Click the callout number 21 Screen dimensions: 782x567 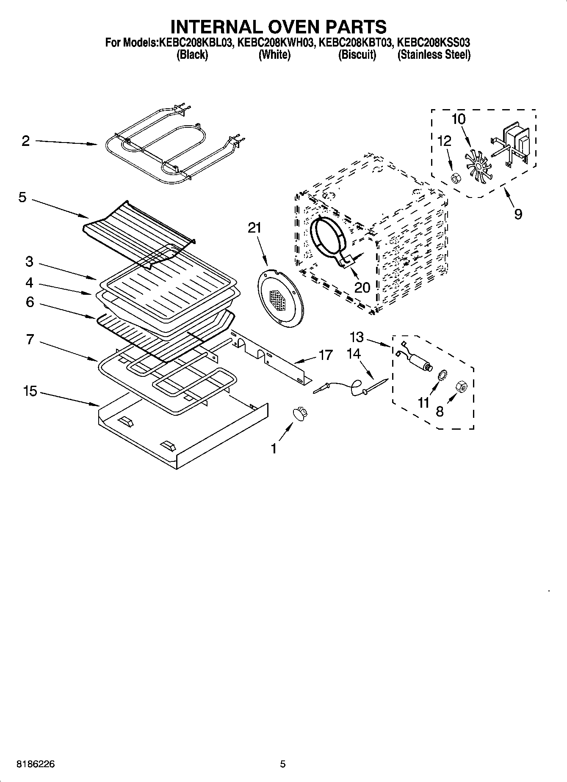(254, 228)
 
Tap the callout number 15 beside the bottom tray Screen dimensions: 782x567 (30, 391)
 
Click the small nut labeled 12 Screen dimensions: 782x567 (455, 178)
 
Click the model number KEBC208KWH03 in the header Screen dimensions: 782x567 (275, 42)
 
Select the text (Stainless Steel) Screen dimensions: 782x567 (434, 55)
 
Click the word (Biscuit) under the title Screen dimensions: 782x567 (357, 55)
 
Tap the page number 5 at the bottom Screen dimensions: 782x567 (283, 764)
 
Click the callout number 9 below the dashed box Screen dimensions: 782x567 (518, 214)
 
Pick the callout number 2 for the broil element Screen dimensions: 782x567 (26, 141)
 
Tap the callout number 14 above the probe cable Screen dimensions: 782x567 (354, 353)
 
